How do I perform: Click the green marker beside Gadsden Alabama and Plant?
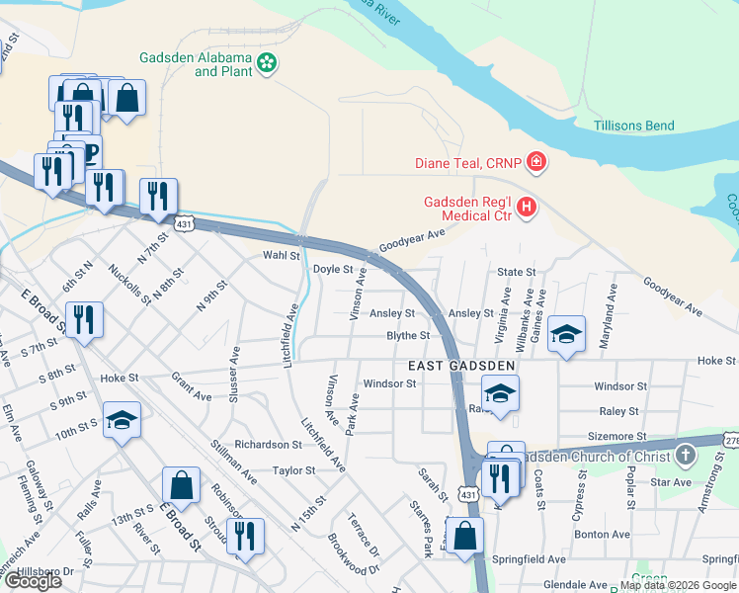click(x=266, y=64)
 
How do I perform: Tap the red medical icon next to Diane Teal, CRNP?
click(x=536, y=160)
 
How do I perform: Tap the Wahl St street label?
click(x=280, y=255)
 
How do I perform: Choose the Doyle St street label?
click(x=332, y=269)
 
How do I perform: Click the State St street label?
click(x=516, y=272)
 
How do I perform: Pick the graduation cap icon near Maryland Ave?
click(x=567, y=335)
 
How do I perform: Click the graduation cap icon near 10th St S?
click(x=123, y=420)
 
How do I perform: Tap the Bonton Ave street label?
click(x=603, y=535)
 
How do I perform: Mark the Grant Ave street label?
click(x=192, y=387)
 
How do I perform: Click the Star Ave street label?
click(x=671, y=482)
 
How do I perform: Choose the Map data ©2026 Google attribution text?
click(x=677, y=584)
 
